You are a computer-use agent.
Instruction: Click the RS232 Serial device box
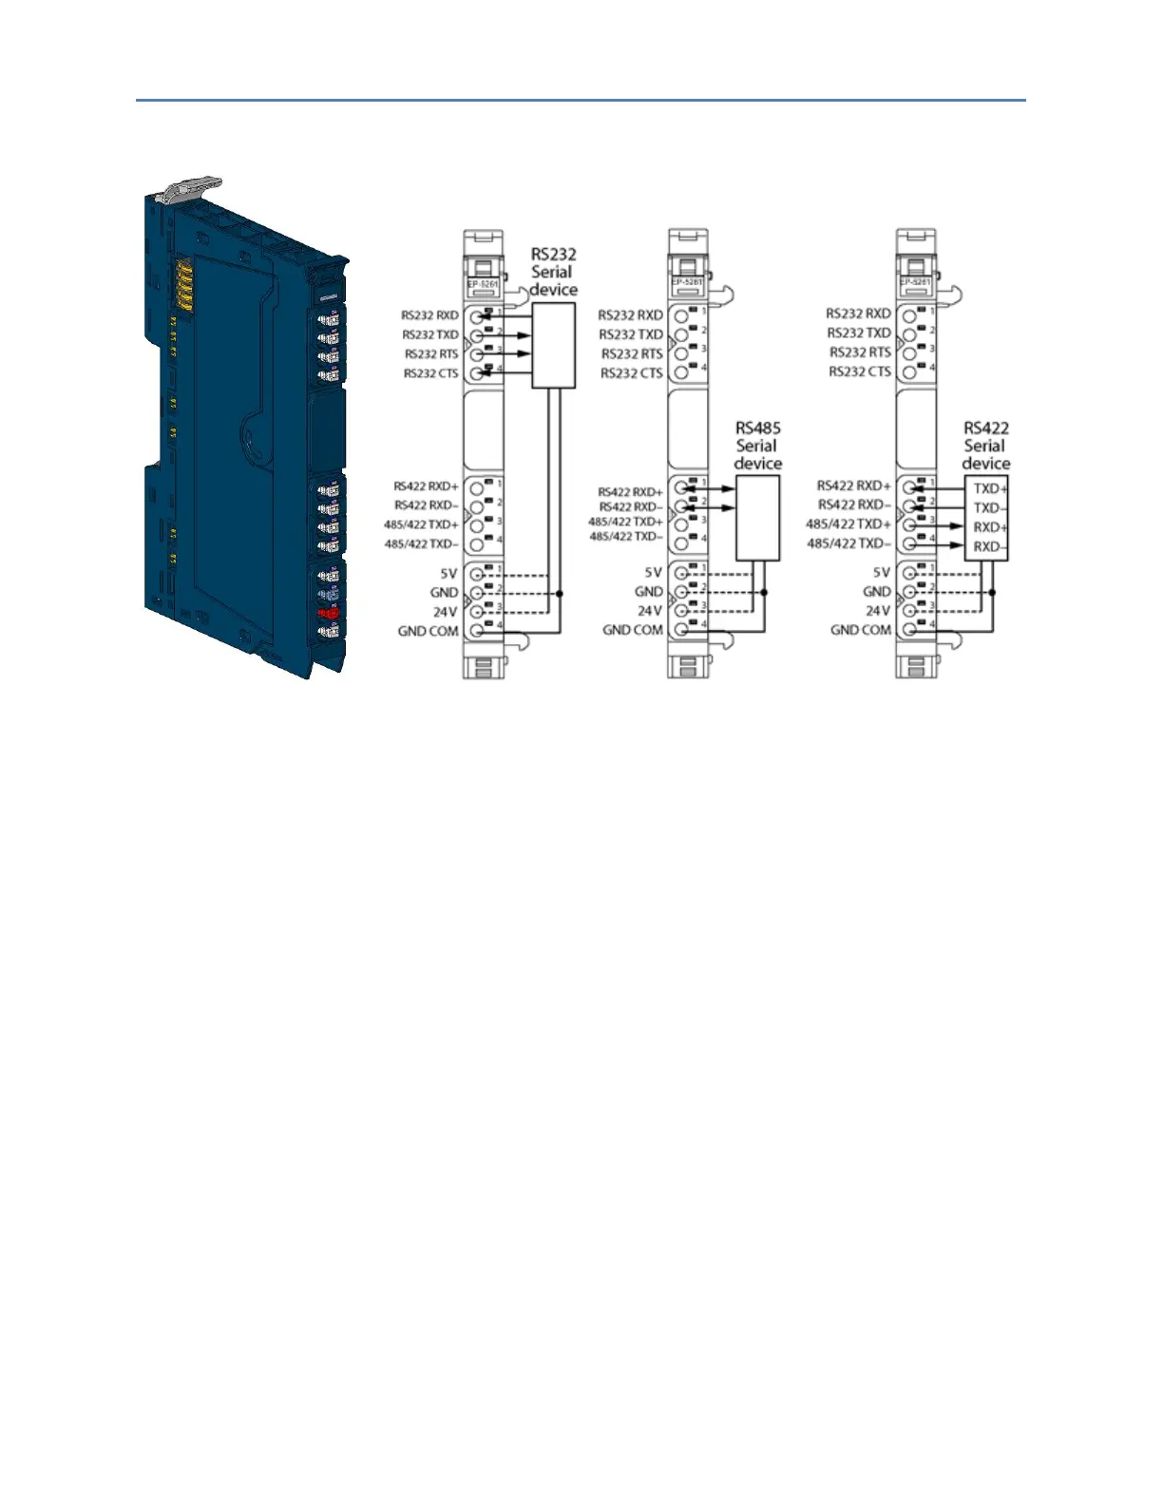pyautogui.click(x=554, y=345)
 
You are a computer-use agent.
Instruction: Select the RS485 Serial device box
pyautogui.click(x=758, y=518)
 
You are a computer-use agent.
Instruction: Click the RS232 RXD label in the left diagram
pyautogui.click(x=429, y=315)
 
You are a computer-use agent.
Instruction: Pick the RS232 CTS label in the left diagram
pyautogui.click(x=430, y=373)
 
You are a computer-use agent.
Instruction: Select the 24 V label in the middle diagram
pyautogui.click(x=650, y=611)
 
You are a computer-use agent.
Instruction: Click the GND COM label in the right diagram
pyautogui.click(x=861, y=630)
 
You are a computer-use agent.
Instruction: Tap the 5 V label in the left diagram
pyautogui.click(x=448, y=574)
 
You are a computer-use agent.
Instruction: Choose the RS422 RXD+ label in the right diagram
pyautogui.click(x=854, y=486)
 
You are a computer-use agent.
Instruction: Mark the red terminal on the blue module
pyautogui.click(x=329, y=613)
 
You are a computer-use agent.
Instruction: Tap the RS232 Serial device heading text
pyautogui.click(x=553, y=272)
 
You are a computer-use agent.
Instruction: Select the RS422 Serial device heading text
pyautogui.click(x=985, y=446)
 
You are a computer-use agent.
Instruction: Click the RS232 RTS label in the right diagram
pyautogui.click(x=860, y=352)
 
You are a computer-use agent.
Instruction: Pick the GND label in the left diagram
pyautogui.click(x=444, y=593)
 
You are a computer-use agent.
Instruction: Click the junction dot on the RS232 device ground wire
pyautogui.click(x=560, y=594)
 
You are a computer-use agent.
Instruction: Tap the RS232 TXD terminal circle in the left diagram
pyautogui.click(x=477, y=335)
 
